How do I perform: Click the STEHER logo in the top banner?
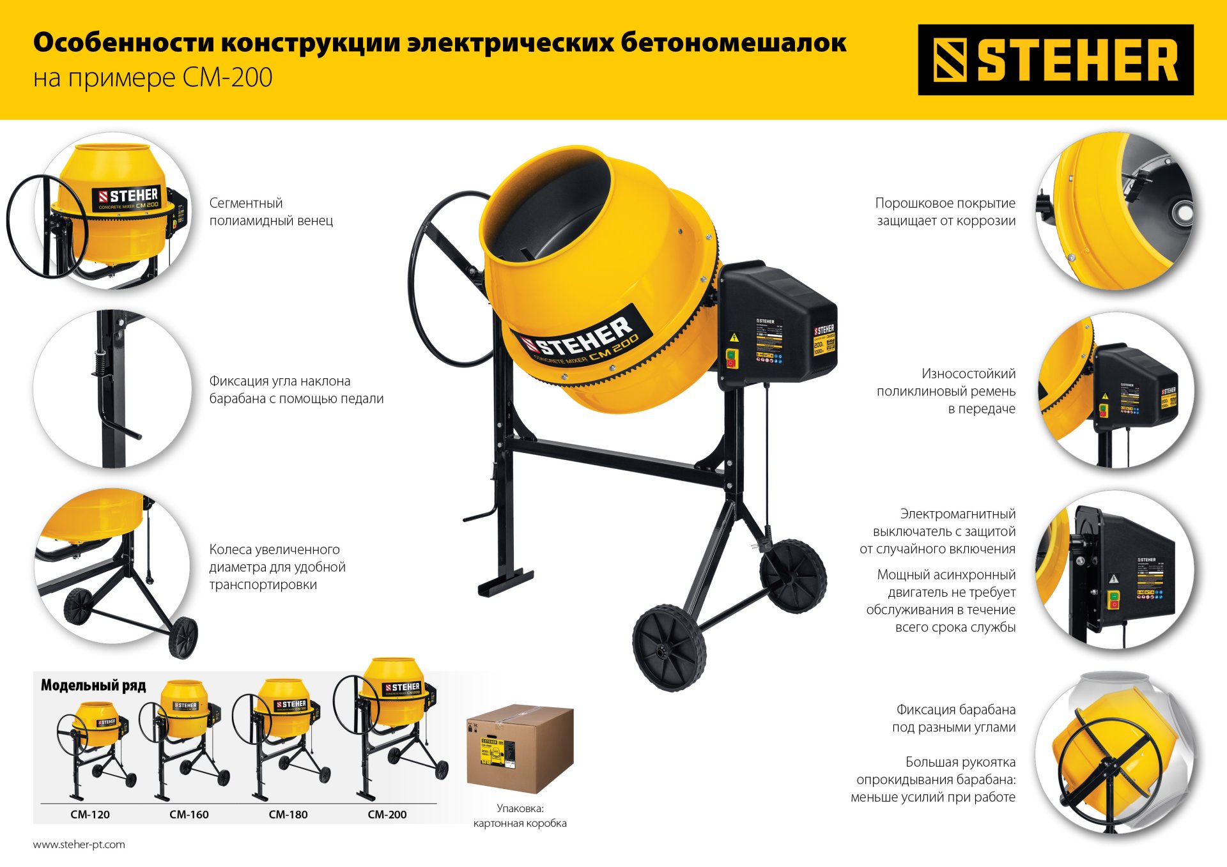click(x=1055, y=60)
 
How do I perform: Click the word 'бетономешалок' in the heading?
click(x=733, y=43)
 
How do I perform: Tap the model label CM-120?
click(x=90, y=815)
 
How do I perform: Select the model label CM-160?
click(x=189, y=815)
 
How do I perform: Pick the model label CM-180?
click(x=288, y=815)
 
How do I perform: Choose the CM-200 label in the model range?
click(x=387, y=815)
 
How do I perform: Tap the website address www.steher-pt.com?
click(x=79, y=845)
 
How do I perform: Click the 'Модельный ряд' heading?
click(x=93, y=686)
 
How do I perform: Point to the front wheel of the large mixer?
click(x=668, y=648)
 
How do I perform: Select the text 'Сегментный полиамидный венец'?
click(x=271, y=211)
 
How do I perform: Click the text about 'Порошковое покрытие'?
click(x=945, y=211)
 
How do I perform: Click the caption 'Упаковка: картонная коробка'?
click(x=520, y=816)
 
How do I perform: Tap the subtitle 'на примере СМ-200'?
click(x=153, y=78)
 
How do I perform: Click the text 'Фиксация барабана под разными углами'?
click(x=953, y=718)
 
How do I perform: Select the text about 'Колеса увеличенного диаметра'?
click(x=277, y=567)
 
